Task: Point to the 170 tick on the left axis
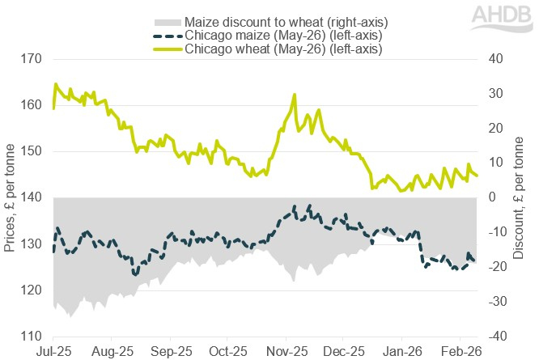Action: coord(29,59)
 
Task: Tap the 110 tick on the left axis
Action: coord(29,336)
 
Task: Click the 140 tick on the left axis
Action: coord(29,197)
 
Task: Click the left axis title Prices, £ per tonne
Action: coord(10,197)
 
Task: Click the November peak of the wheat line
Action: coord(294,95)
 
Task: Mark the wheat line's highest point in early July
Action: coord(56,83)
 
